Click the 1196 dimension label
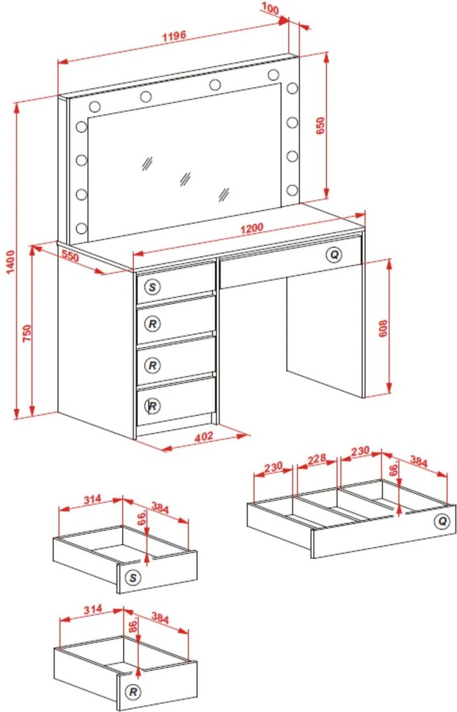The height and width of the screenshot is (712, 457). [x=174, y=36]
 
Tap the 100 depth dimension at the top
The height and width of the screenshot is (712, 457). [x=271, y=8]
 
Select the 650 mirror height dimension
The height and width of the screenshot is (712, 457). [x=320, y=126]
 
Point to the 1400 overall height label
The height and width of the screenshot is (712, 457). [x=10, y=262]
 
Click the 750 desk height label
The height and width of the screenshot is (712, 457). [x=27, y=334]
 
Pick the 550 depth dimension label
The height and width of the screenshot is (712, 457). [x=70, y=257]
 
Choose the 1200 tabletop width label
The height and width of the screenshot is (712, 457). [x=251, y=228]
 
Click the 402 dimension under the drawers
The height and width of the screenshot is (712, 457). [x=203, y=436]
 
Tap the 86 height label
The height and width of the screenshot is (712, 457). [x=133, y=627]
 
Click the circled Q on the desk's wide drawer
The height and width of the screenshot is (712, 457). [x=334, y=255]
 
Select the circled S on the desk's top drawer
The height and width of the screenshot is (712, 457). [x=153, y=286]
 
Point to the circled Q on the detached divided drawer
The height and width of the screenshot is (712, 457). [x=442, y=521]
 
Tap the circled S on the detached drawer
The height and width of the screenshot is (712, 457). [x=133, y=577]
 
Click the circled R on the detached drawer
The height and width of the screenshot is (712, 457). [x=133, y=692]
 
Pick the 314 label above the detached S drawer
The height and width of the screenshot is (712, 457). [x=93, y=499]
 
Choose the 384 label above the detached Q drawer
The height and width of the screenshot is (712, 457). [x=419, y=461]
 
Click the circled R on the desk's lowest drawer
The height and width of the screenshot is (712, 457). [x=153, y=406]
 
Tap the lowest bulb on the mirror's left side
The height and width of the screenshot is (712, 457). [x=82, y=228]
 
